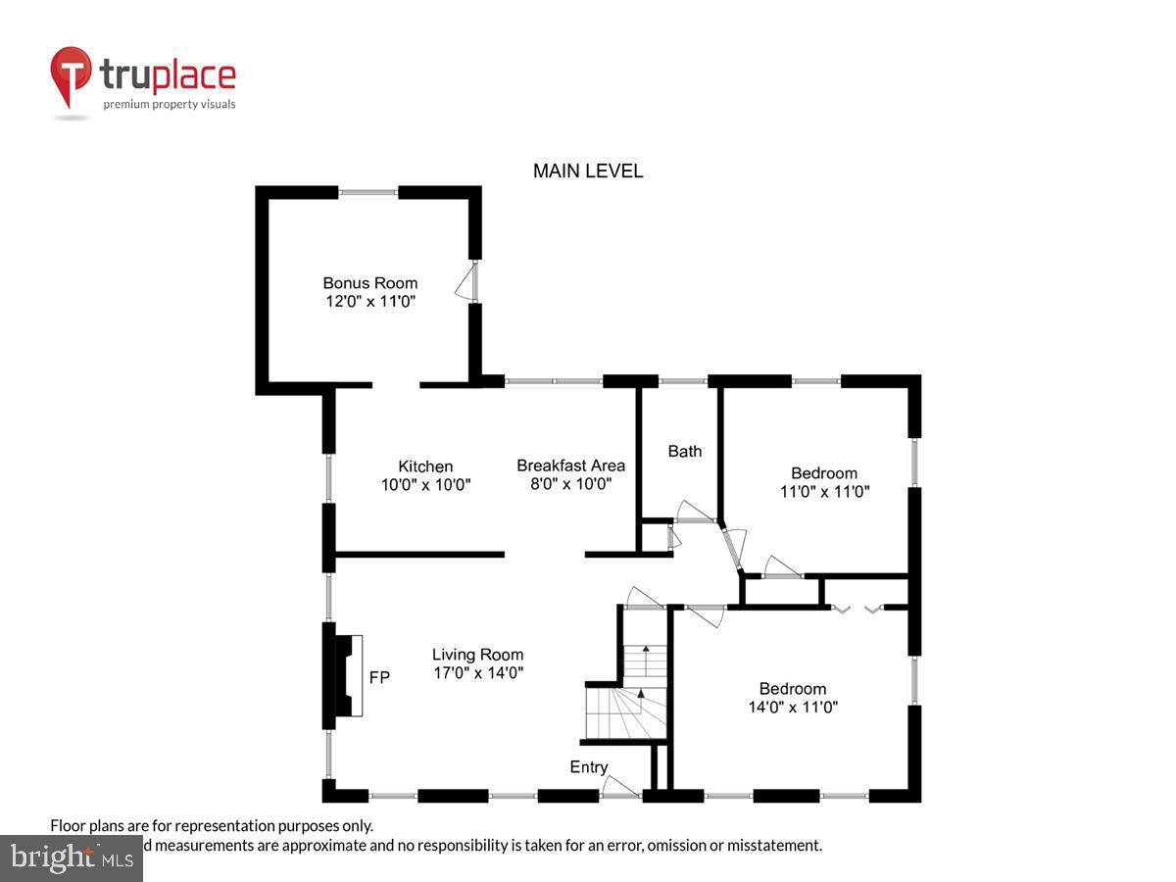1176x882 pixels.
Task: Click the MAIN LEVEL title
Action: pos(588,171)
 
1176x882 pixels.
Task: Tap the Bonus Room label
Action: pos(370,283)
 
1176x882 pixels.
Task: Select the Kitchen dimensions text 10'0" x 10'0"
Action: pos(426,484)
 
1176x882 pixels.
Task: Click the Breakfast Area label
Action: pos(570,465)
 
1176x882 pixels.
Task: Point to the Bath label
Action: pos(685,451)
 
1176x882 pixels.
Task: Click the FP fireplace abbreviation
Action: pos(379,677)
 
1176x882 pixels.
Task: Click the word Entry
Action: pos(589,767)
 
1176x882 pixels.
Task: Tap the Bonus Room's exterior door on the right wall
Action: pos(468,282)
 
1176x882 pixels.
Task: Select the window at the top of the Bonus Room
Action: pos(368,193)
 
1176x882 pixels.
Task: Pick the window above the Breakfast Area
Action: pos(554,381)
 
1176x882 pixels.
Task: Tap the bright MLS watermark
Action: pos(71,857)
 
